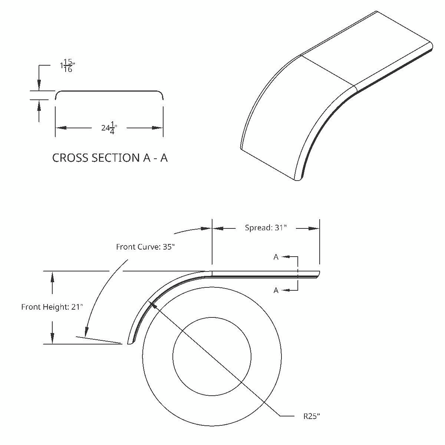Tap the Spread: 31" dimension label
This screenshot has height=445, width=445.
coord(266,228)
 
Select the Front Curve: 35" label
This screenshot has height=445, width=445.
coord(145,247)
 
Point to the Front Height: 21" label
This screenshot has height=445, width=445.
coord(52,307)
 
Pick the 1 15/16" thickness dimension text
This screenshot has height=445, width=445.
coord(67,66)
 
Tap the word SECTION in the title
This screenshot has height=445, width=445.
coord(116,158)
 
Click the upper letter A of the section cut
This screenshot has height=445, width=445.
coord(276,257)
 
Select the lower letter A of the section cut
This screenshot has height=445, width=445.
coord(276,290)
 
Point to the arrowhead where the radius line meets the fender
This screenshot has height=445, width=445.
coord(152,305)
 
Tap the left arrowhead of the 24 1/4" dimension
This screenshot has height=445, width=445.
coord(60,128)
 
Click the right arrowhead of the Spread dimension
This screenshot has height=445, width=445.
coord(314,228)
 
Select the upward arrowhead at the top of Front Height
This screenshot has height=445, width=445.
coord(53,277)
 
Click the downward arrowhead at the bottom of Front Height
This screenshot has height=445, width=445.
coord(53,338)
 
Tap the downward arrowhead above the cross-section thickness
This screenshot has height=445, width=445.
coord(39,85)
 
